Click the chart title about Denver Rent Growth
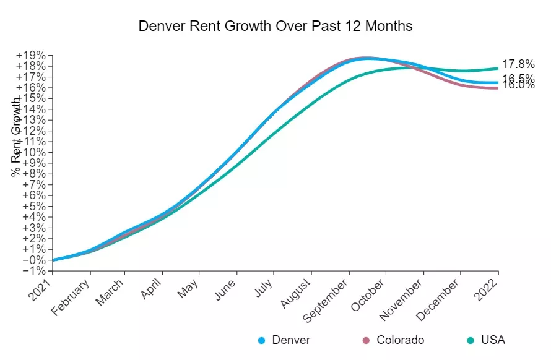(x=275, y=27)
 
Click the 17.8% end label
(x=518, y=64)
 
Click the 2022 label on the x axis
(x=488, y=286)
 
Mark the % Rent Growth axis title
(x=16, y=136)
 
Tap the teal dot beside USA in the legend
(x=471, y=340)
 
